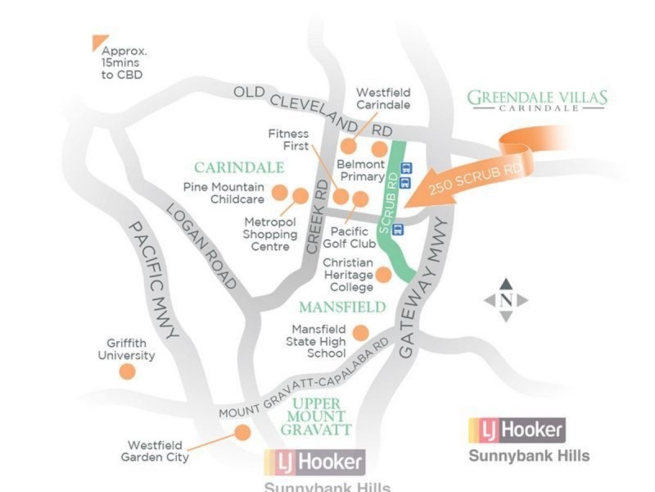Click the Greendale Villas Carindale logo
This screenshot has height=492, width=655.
coord(537,100)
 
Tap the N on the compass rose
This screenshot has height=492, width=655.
coord(505,299)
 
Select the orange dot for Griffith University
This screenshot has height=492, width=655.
coord(127,371)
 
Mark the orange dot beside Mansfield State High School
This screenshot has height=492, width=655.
coord(360,332)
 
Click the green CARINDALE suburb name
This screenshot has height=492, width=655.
coord(238,168)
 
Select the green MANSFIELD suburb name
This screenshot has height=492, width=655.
coord(341,307)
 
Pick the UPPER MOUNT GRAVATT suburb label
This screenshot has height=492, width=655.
coord(316,417)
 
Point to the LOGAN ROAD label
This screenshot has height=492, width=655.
coord(201,246)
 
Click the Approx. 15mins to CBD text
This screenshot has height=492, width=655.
coord(123,62)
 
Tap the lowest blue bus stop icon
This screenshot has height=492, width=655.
coord(399,229)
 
